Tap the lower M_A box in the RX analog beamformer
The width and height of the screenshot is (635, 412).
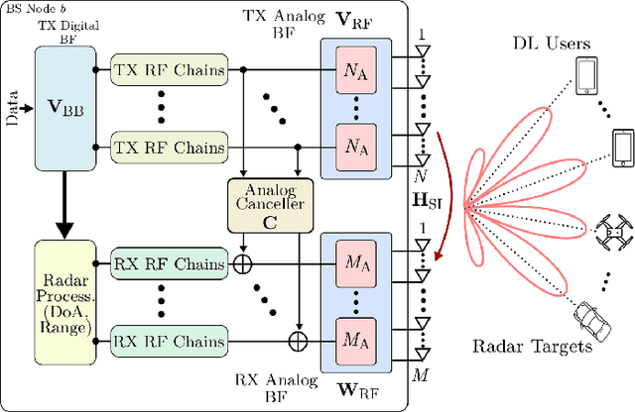[352, 340]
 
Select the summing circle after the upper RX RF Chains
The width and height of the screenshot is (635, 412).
[243, 264]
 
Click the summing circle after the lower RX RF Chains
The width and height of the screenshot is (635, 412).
[297, 340]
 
